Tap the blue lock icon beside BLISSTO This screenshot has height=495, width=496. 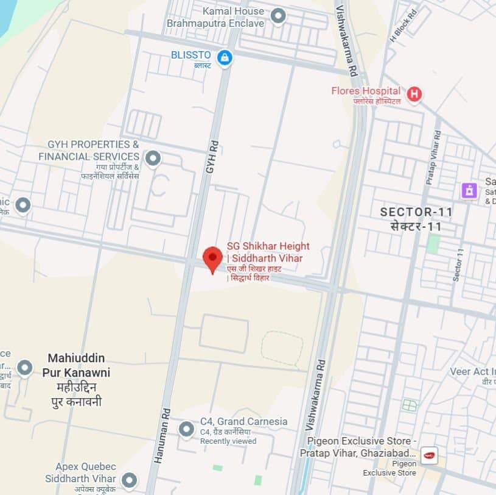(225, 58)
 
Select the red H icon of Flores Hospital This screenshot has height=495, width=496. (414, 94)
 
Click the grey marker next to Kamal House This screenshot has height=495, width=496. (278, 16)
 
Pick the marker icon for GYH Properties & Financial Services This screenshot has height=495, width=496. (153, 158)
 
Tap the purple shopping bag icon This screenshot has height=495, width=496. (469, 190)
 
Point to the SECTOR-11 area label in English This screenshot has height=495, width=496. (416, 212)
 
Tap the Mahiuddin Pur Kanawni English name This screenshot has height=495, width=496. (76, 365)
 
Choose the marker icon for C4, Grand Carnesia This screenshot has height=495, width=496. (186, 430)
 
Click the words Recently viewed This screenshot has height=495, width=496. (228, 441)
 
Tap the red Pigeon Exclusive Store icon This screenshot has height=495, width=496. (429, 455)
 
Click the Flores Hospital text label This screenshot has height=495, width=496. (366, 91)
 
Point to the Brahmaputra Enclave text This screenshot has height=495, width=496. (215, 23)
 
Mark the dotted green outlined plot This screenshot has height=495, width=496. (282, 348)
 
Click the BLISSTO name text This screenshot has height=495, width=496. (190, 55)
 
